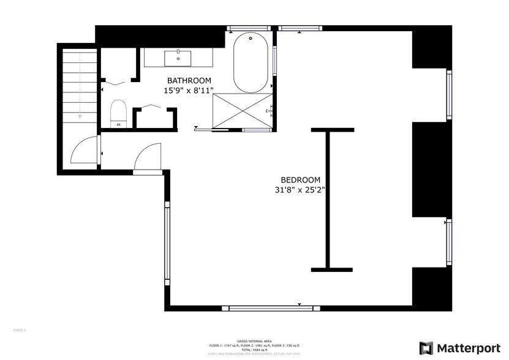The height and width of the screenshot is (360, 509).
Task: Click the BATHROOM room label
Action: tap(189, 80)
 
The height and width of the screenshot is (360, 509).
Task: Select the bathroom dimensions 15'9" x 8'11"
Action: tap(189, 90)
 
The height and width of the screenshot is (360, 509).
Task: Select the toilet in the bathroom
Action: tap(118, 114)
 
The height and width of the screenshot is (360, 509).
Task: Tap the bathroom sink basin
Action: tap(178, 58)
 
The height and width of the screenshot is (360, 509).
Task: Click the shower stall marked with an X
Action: tap(243, 111)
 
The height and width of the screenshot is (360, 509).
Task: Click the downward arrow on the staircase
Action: tap(80, 116)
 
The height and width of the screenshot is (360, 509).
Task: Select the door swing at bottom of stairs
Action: tap(85, 151)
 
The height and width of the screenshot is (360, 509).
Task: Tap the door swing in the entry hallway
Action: tap(148, 157)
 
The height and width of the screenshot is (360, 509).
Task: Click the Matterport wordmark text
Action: tap(467, 348)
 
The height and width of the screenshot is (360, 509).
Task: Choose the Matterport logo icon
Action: tap(426, 348)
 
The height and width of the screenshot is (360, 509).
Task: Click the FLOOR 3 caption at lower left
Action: tap(20, 330)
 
